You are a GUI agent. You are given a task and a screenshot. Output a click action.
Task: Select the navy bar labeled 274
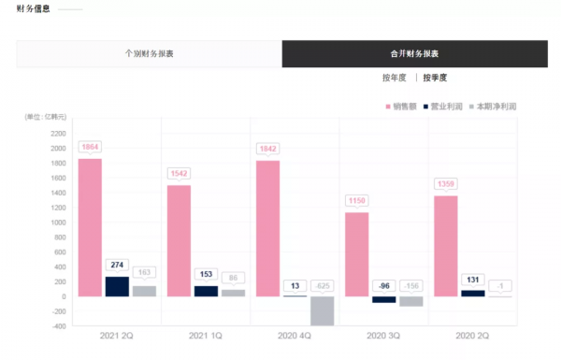[117, 286]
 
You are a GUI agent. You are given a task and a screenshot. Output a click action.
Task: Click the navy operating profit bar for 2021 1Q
[206, 291]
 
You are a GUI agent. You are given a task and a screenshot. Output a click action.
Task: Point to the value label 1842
[267, 149]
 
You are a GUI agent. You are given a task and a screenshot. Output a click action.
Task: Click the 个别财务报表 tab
[150, 53]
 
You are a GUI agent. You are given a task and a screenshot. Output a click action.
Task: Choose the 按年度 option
[396, 78]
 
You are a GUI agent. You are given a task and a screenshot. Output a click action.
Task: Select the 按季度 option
[435, 78]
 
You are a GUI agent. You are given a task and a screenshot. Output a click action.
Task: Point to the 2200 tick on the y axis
[58, 133]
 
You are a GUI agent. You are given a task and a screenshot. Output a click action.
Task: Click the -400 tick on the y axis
[58, 326]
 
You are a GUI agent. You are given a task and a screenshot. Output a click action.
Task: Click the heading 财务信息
[33, 9]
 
